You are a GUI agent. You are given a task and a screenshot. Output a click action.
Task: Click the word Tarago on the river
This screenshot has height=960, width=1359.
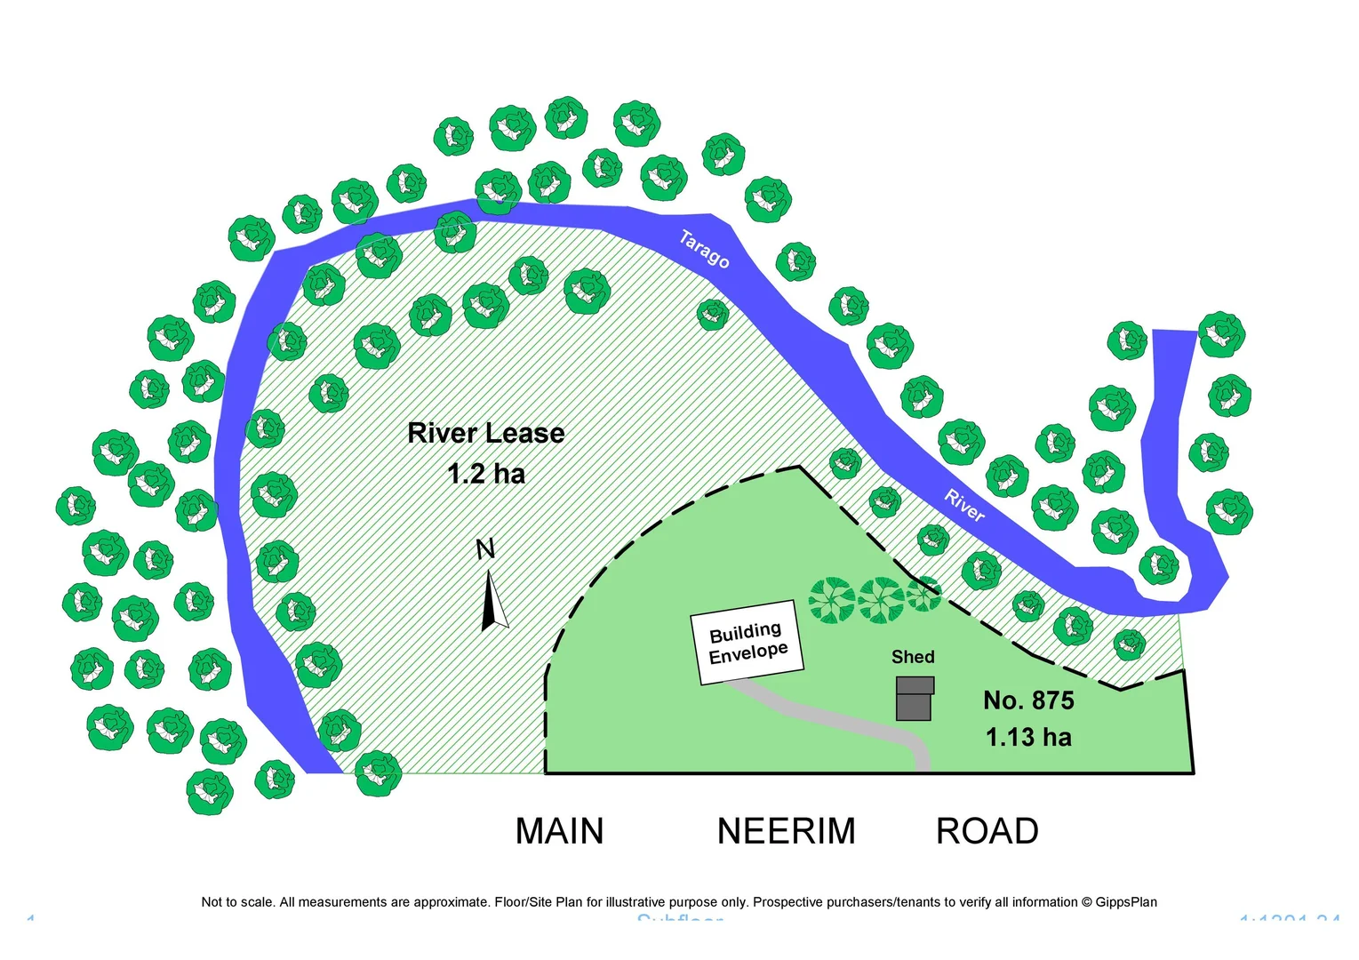click(x=704, y=249)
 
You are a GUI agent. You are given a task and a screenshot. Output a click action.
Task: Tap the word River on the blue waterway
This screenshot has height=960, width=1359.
click(x=964, y=506)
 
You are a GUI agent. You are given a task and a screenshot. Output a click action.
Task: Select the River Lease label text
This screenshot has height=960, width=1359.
click(x=485, y=434)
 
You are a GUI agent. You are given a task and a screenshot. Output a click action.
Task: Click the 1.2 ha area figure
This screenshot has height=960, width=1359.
click(x=486, y=474)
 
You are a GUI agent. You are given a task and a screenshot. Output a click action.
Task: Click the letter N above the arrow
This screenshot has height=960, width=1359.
click(x=485, y=550)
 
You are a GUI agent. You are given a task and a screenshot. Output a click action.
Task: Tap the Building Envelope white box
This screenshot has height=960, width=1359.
click(x=747, y=642)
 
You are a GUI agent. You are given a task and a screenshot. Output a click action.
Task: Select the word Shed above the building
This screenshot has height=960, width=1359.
click(x=913, y=657)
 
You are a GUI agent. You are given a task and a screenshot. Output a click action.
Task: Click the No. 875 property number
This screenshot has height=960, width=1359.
click(x=1028, y=700)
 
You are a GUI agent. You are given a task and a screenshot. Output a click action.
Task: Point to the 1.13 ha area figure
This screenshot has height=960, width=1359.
click(x=1028, y=738)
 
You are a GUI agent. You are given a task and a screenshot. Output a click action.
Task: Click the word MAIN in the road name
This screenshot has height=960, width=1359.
click(x=559, y=832)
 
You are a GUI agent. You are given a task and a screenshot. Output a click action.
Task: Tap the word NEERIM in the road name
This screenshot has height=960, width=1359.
click(x=786, y=832)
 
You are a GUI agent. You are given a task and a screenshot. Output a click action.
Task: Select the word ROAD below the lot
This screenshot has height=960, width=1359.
click(x=987, y=832)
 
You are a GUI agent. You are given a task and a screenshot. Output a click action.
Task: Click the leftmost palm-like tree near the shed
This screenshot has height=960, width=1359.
click(x=832, y=600)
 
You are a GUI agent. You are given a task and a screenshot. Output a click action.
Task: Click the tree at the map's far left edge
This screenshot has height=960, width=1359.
click(x=76, y=507)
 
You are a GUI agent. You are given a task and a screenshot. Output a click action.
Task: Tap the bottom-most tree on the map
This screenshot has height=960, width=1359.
click(x=210, y=791)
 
